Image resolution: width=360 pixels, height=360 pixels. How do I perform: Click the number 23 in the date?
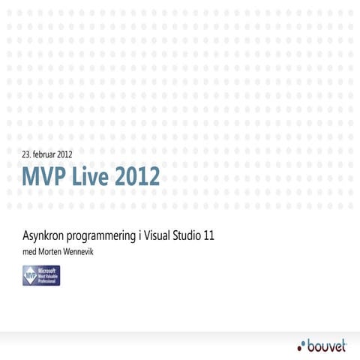pos(27,154)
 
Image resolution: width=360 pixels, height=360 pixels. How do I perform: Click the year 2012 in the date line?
pos(65,154)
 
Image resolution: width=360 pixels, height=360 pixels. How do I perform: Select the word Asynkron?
pos(46,235)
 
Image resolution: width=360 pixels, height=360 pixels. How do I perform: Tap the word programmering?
pos(104,236)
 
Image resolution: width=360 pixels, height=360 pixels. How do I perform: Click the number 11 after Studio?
pos(210,235)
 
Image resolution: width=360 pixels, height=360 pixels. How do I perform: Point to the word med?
pos(29,251)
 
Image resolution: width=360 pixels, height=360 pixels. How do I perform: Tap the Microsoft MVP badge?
pos(41,275)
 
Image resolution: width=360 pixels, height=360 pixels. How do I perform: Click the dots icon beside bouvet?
pos(302,345)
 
